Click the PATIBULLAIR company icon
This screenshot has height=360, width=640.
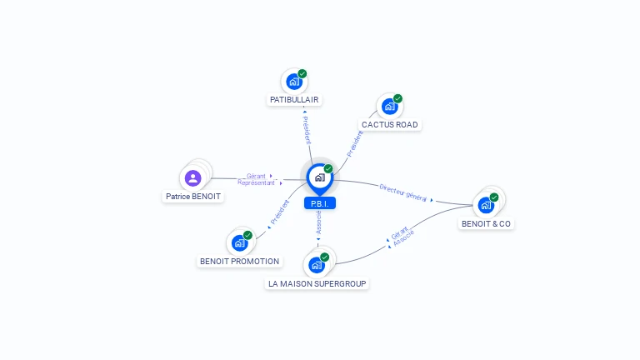coord(294,82)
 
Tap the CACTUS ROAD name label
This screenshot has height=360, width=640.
coord(389,124)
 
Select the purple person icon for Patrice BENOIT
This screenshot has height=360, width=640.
coord(193,178)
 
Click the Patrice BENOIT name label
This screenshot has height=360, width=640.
coord(193,197)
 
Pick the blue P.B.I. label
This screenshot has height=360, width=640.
coord(320,203)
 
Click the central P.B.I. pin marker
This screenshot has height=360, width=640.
coord(320,178)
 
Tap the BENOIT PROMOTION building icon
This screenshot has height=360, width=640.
coord(240,243)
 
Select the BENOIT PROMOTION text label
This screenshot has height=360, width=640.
coord(240,261)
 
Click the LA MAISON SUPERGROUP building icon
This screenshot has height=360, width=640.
coord(317,265)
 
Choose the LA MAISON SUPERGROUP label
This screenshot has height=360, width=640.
coord(317,283)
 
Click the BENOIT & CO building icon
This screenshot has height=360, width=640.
coord(486,205)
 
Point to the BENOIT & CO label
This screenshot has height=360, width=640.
coord(486,223)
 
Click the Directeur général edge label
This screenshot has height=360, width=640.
coord(402,192)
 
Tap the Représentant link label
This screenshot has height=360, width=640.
coord(256,182)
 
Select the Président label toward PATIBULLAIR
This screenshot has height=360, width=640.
coord(307,130)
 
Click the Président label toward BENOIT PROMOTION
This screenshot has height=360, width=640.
coord(280,212)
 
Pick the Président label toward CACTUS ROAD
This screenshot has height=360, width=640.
coord(355,143)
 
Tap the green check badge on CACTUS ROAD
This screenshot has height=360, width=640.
coord(397,98)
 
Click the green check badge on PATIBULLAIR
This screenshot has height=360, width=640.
coord(302,73)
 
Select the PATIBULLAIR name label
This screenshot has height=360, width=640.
coord(294,100)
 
